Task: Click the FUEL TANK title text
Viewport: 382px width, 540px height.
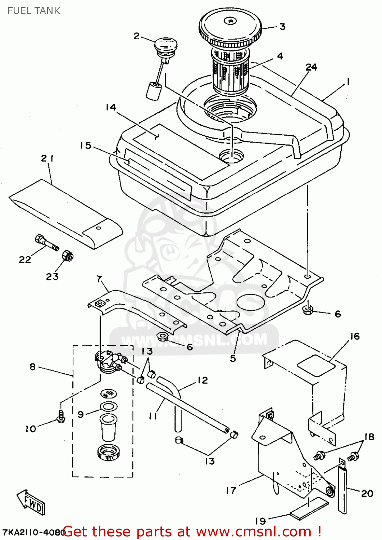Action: point(34,11)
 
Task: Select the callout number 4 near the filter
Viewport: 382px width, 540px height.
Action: point(280,56)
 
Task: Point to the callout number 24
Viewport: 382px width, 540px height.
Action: point(311,67)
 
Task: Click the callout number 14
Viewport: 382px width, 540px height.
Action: point(111,107)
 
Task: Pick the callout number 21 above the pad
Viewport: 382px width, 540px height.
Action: point(47,158)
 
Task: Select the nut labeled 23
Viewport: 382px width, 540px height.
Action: point(67,256)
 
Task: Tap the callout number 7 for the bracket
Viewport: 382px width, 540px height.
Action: point(99,279)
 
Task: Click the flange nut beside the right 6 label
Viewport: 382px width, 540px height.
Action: point(308,310)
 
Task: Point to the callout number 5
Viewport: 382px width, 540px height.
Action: point(233,358)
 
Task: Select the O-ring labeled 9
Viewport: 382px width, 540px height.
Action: point(108,407)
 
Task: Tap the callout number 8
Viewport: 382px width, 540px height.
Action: point(32,367)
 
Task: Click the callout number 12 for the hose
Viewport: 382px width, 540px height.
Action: point(203,381)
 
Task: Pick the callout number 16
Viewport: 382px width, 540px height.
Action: point(355,336)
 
